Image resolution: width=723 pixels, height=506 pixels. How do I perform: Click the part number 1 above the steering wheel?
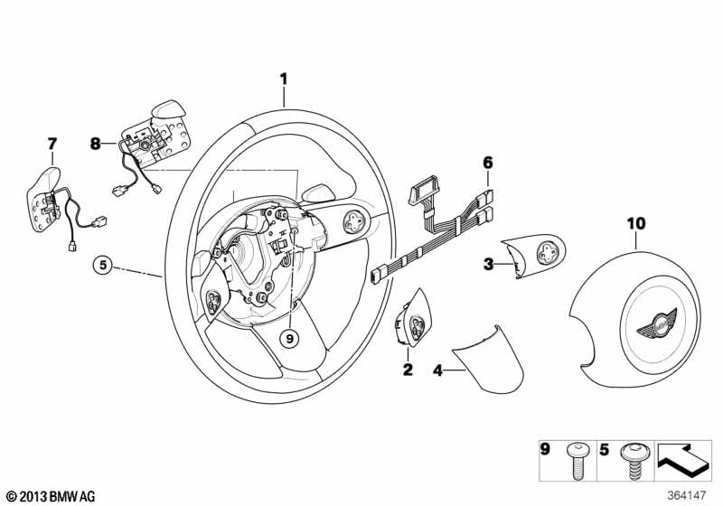pyautogui.click(x=284, y=80)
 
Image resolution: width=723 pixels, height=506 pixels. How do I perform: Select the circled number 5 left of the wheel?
pyautogui.click(x=103, y=265)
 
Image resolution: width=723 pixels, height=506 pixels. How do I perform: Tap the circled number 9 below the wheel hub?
pyautogui.click(x=289, y=339)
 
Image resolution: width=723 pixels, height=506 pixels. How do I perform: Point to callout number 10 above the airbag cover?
pyautogui.click(x=636, y=224)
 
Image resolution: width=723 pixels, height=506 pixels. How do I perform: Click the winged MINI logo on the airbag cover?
pyautogui.click(x=656, y=322)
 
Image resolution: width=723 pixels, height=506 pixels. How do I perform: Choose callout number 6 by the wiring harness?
pyautogui.click(x=488, y=163)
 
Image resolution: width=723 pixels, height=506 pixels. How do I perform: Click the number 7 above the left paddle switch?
pyautogui.click(x=52, y=144)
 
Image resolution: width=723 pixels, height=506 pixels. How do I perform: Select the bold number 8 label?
pyautogui.click(x=95, y=145)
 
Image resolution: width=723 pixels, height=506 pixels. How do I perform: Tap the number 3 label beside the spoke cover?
pyautogui.click(x=488, y=265)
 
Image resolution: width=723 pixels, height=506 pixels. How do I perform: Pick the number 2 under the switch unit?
pyautogui.click(x=408, y=370)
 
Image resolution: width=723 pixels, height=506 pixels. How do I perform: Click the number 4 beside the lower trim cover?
pyautogui.click(x=437, y=370)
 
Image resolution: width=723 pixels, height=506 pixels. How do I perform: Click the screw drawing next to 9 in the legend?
pyautogui.click(x=575, y=460)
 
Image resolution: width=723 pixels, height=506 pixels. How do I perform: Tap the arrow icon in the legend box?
pyautogui.click(x=681, y=458)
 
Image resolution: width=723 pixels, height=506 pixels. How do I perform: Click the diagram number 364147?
pyautogui.click(x=687, y=495)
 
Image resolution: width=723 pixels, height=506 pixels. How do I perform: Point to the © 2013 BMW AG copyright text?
pyautogui.click(x=52, y=496)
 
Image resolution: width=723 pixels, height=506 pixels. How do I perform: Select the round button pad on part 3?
pyautogui.click(x=547, y=253)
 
